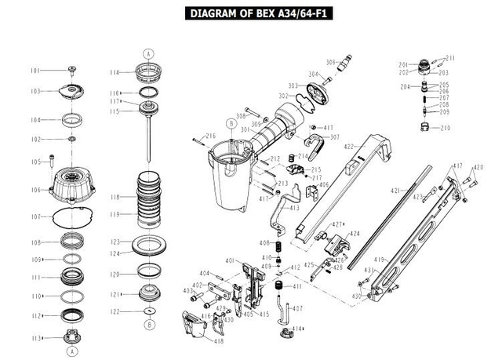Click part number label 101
35,71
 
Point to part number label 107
35,216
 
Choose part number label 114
115,72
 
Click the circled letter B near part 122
148,323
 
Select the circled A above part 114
147,53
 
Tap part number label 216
210,136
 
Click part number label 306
330,61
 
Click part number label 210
446,127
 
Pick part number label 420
479,167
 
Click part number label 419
380,259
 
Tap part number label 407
297,308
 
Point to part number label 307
335,137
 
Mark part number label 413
294,208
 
